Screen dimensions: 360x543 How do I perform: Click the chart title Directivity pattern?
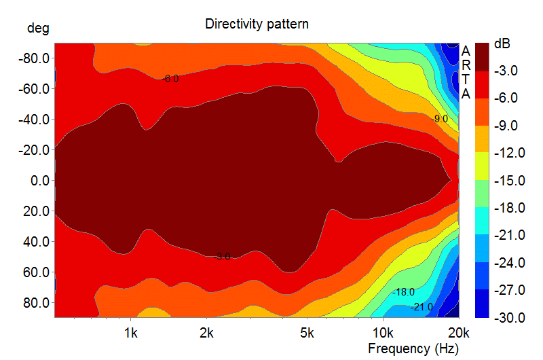coord(257,24)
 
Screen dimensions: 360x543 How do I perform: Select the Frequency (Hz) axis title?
coord(413,348)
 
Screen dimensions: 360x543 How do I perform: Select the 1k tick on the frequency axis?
coord(131,334)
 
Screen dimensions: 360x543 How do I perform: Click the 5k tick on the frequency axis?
coord(307,334)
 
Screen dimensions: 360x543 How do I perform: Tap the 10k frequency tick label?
coord(383,334)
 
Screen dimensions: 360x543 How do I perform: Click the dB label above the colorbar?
coord(503,43)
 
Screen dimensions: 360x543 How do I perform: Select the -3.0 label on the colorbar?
coord(506,71)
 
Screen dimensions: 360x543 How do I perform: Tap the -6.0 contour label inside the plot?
coord(171,79)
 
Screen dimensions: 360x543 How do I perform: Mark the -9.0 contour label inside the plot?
coord(440,119)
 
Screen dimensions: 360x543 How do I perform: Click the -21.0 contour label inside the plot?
coord(422,307)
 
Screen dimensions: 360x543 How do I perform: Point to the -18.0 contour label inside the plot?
coord(404,291)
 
